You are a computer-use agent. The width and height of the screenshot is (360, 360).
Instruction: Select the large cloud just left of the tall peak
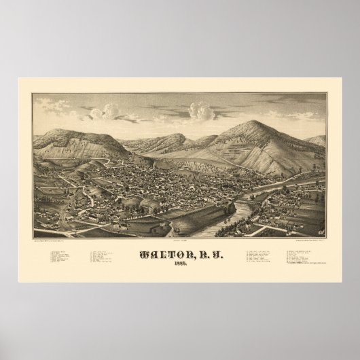tap(201, 111)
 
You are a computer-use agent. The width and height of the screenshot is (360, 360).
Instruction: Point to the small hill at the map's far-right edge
tap(317, 141)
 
